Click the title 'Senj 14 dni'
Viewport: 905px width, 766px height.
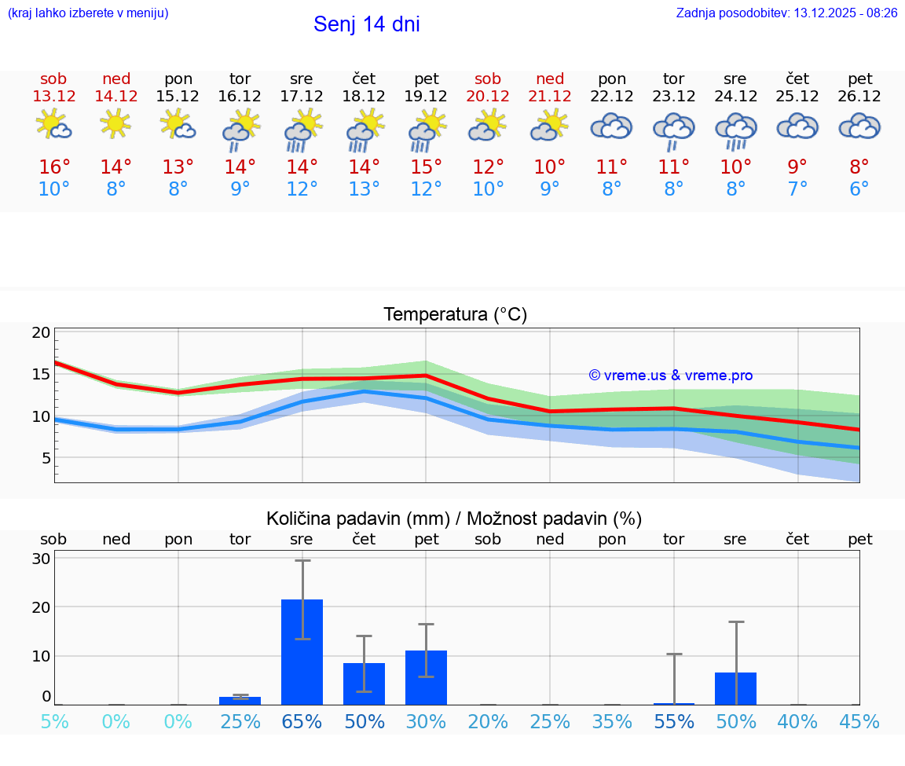[x=366, y=24]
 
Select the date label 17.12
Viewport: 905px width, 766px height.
[x=302, y=96]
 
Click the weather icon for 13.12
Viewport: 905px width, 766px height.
[x=53, y=125]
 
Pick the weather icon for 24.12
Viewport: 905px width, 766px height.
[x=735, y=130]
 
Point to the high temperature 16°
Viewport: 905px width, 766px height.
[x=54, y=167]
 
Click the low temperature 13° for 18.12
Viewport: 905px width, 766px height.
[x=364, y=189]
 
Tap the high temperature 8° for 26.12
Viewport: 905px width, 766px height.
[x=859, y=167]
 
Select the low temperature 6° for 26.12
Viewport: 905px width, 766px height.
[x=859, y=189]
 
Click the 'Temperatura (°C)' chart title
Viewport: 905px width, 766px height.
[x=455, y=314]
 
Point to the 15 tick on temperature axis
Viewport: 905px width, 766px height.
[x=41, y=374]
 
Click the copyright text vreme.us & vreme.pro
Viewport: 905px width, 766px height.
[x=670, y=376]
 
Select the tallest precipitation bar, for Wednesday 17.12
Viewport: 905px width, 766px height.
[x=302, y=652]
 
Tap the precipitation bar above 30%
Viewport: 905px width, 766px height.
[x=426, y=677]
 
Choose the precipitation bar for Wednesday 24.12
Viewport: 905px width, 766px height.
[x=735, y=688]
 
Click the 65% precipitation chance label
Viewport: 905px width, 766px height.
[x=302, y=721]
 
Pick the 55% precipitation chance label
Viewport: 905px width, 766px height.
[x=673, y=721]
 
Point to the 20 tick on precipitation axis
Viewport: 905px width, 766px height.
[x=41, y=607]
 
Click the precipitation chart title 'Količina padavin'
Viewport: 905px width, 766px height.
[x=454, y=519]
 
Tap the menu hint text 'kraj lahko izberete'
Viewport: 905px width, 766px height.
[x=88, y=13]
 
